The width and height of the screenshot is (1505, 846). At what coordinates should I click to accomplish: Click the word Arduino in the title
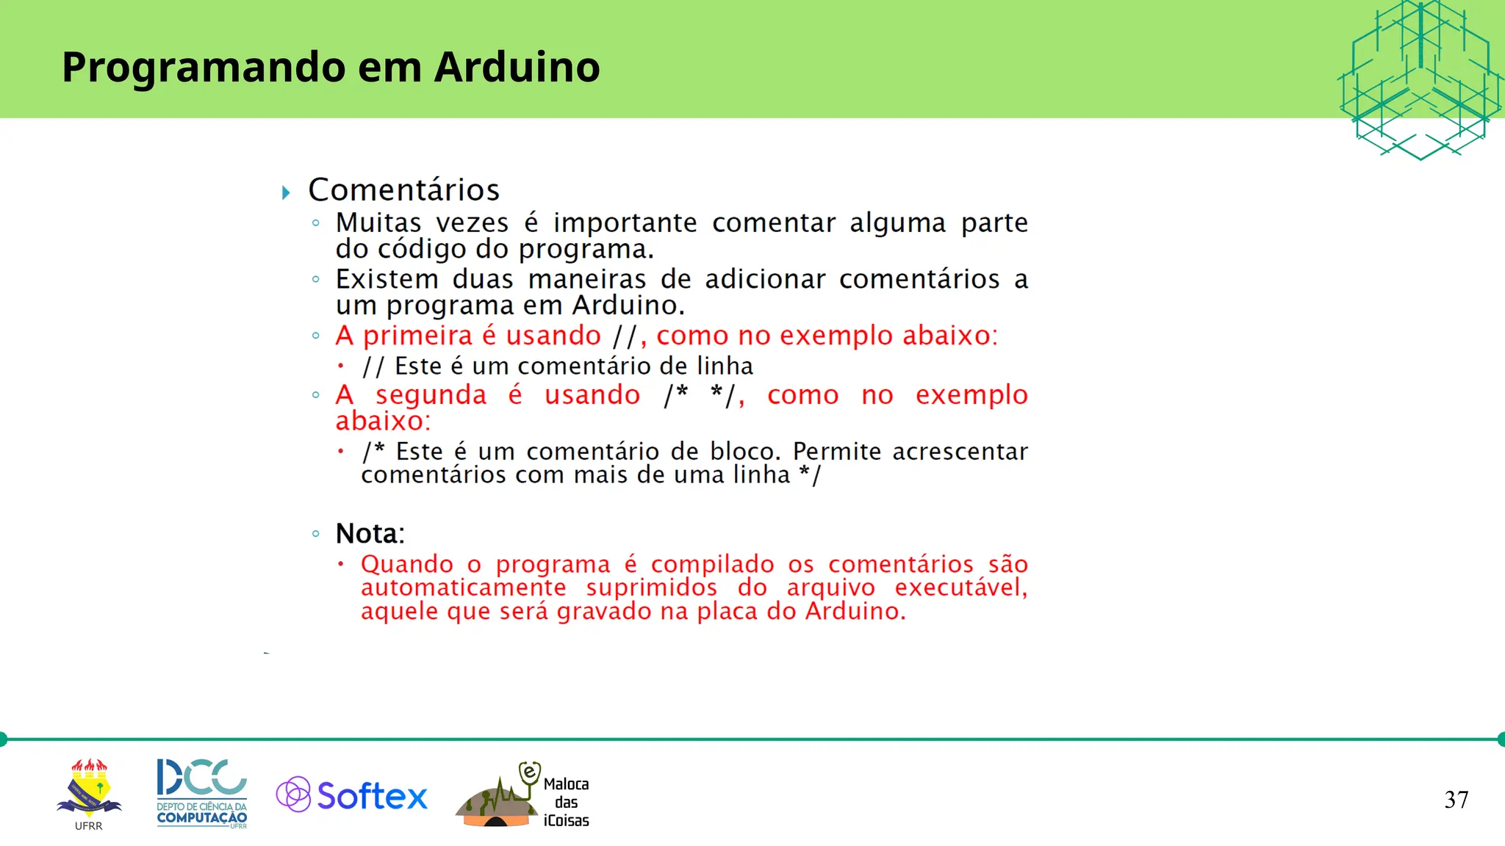click(517, 67)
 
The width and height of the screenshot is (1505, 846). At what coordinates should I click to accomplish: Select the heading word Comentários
click(403, 189)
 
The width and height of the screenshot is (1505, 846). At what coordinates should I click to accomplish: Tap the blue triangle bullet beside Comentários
click(286, 193)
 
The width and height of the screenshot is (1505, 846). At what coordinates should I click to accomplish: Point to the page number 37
click(1456, 800)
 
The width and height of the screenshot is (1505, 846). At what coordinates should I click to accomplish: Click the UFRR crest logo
click(89, 790)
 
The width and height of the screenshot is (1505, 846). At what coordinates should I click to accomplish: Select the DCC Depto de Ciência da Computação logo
click(201, 793)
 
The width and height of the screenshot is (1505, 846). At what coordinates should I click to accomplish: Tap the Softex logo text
click(372, 796)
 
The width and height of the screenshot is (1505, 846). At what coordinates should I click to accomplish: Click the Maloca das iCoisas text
click(566, 802)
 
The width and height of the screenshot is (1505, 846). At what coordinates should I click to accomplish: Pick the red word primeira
click(417, 336)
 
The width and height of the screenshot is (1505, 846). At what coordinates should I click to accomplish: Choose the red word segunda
click(431, 395)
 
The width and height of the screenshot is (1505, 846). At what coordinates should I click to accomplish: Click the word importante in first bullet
click(625, 223)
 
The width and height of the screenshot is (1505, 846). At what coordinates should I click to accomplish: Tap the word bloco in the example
click(744, 451)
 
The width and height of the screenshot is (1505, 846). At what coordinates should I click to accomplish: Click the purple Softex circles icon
click(293, 794)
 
